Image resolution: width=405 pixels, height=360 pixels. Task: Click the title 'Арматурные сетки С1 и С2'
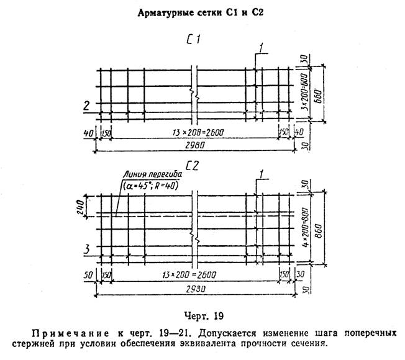pyautogui.click(x=201, y=13)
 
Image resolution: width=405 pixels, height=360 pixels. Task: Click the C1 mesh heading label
pyautogui.click(x=193, y=40)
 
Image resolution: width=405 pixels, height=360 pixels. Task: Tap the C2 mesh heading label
pyautogui.click(x=193, y=166)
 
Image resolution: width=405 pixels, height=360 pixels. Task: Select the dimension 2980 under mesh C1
pyautogui.click(x=195, y=145)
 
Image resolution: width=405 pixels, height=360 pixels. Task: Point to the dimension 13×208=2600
pyautogui.click(x=198, y=133)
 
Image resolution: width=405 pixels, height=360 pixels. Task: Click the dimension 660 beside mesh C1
pyautogui.click(x=319, y=96)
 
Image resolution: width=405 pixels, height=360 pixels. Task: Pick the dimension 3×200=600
pyautogui.click(x=305, y=92)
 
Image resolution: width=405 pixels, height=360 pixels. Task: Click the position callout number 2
pyautogui.click(x=86, y=106)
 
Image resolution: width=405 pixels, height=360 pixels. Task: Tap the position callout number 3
pyautogui.click(x=87, y=250)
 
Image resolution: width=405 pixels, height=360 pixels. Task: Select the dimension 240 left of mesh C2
pyautogui.click(x=80, y=207)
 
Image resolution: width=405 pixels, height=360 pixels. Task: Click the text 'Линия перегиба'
pyautogui.click(x=152, y=174)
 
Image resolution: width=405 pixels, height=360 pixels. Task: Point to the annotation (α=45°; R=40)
pyautogui.click(x=150, y=186)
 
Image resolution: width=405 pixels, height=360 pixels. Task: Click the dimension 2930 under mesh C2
pyautogui.click(x=196, y=289)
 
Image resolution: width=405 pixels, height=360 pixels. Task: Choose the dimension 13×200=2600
pyautogui.click(x=189, y=275)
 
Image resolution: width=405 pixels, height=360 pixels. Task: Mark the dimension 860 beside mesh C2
pyautogui.click(x=319, y=231)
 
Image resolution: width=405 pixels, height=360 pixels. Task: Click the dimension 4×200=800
pyautogui.click(x=305, y=227)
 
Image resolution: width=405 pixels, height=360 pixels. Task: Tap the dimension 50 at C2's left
pyautogui.click(x=88, y=275)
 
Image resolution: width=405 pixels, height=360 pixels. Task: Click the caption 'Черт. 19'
pyautogui.click(x=204, y=316)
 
